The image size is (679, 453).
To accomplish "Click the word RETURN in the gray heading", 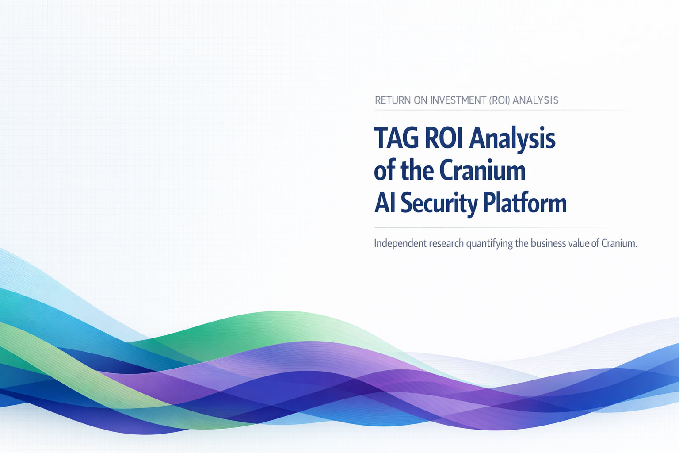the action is click(x=393, y=100).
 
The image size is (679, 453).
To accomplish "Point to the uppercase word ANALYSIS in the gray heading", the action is click(x=535, y=100).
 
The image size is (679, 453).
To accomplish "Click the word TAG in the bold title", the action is click(x=397, y=138).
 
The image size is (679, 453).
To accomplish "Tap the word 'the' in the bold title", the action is click(x=417, y=170).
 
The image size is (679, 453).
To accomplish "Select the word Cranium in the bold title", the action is click(x=482, y=170).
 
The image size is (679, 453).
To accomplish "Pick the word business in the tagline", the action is click(x=546, y=244).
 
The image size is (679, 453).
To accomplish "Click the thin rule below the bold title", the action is click(x=499, y=227).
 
